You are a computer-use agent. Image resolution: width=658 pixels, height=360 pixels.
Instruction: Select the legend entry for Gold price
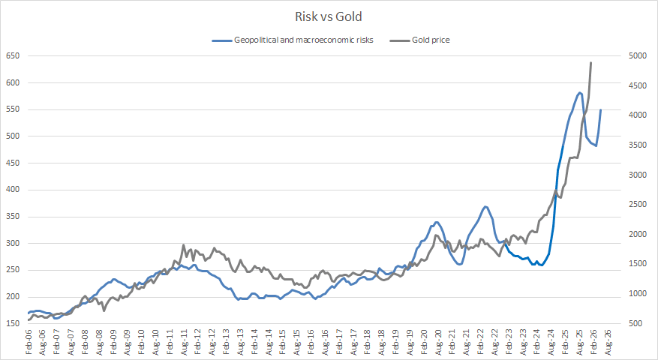[x=430, y=40]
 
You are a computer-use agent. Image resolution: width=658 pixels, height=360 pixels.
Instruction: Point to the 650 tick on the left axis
[x=13, y=56]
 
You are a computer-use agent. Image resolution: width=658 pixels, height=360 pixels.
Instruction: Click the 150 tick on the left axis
[x=13, y=324]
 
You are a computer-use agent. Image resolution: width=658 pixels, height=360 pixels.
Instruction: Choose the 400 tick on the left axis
[x=13, y=190]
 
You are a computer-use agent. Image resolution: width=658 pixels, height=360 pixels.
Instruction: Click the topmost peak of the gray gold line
[x=591, y=63]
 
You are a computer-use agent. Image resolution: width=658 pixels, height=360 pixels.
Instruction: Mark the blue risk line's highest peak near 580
[x=580, y=92]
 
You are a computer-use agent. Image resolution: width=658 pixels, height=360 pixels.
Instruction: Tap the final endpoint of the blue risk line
[x=600, y=110]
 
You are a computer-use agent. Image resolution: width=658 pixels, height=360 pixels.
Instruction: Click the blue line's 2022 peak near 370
[x=486, y=206]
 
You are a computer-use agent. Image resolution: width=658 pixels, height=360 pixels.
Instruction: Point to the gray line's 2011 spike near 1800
[x=184, y=244]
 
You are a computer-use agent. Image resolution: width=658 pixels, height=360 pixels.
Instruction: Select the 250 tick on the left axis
[x=13, y=270]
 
